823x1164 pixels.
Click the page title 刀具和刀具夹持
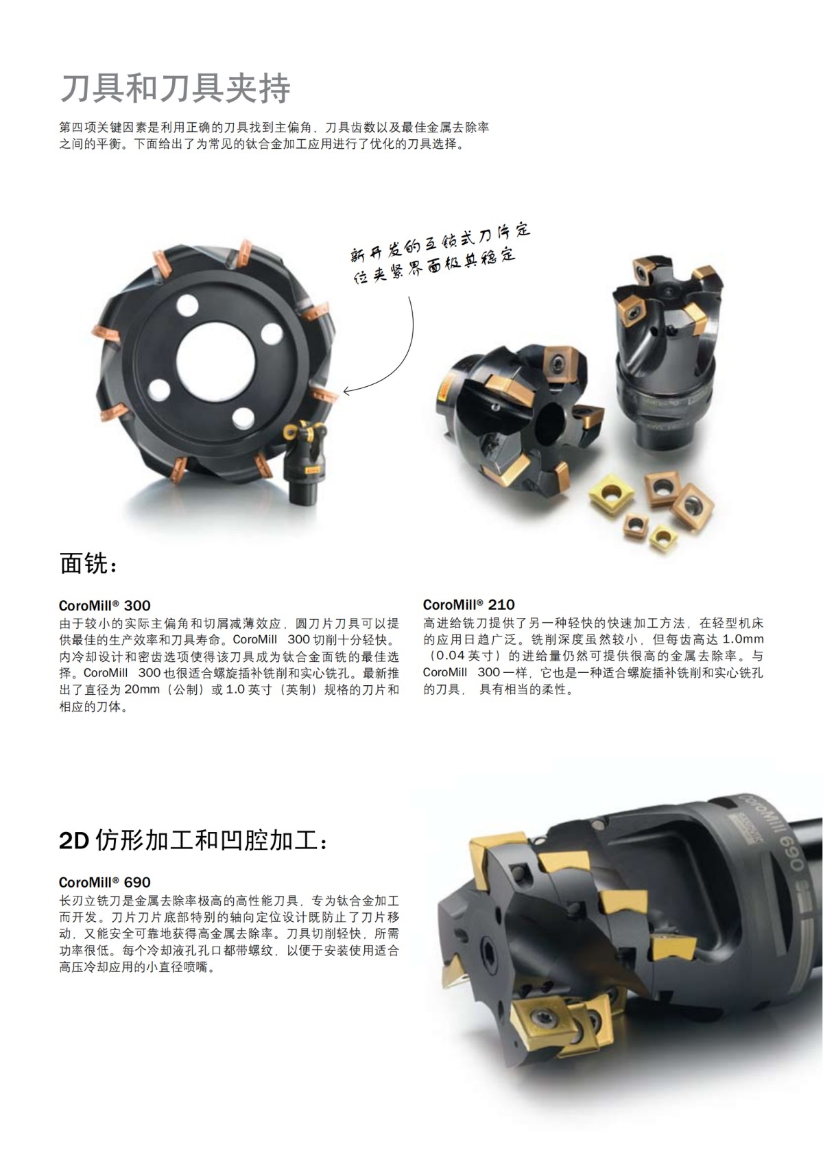point(176,88)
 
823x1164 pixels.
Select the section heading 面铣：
point(89,564)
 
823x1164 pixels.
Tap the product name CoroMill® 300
point(104,606)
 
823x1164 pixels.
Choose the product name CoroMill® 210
point(468,605)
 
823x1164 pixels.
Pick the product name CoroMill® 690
point(104,882)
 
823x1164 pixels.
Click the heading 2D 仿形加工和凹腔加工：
point(194,841)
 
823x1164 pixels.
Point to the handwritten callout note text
point(439,254)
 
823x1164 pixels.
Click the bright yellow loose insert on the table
point(608,492)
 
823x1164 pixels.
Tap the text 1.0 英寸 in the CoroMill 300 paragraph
point(250,690)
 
